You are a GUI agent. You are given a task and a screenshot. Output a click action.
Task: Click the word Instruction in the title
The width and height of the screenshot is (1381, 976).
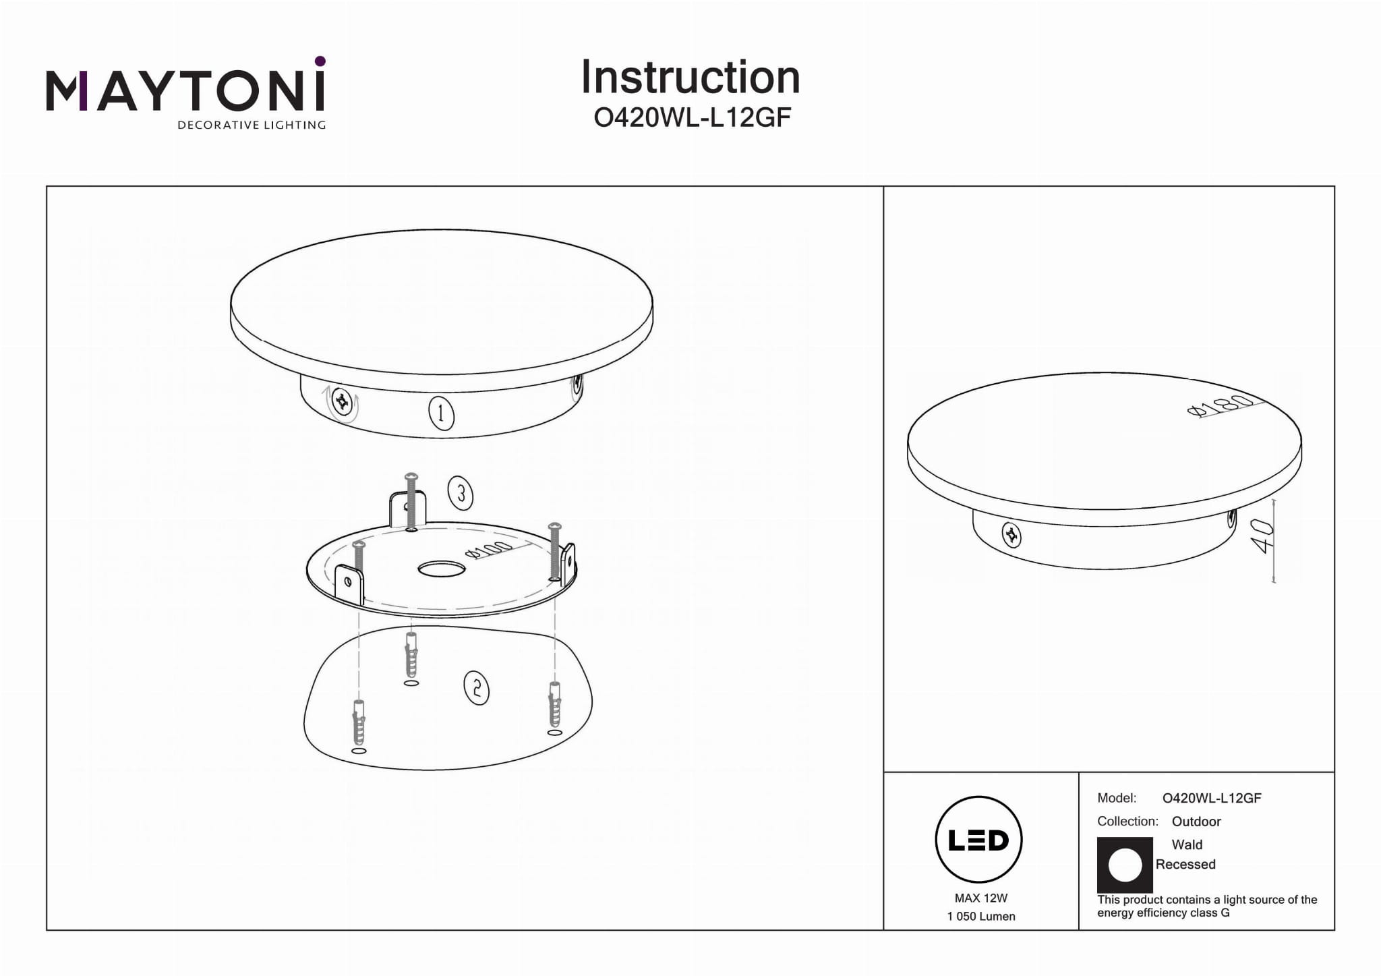click(x=690, y=77)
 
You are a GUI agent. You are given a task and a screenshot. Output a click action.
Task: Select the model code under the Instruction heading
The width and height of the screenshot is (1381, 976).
click(x=692, y=118)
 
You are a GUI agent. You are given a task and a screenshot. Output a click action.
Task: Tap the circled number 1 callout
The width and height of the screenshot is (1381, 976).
click(x=441, y=413)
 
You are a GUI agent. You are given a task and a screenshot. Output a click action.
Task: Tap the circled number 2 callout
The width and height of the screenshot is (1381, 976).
click(x=477, y=689)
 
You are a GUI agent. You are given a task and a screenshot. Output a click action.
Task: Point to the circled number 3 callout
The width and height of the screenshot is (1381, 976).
click(x=461, y=494)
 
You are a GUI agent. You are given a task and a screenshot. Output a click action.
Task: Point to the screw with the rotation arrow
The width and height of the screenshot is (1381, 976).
click(x=343, y=403)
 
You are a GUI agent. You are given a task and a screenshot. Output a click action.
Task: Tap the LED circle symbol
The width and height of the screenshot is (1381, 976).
click(x=979, y=840)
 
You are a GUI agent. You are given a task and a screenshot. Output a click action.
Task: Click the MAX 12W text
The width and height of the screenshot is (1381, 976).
click(x=981, y=898)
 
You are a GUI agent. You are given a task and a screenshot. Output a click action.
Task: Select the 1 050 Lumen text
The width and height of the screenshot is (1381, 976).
click(x=981, y=916)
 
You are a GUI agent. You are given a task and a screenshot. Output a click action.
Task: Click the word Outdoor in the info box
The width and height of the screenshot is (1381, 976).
click(x=1196, y=822)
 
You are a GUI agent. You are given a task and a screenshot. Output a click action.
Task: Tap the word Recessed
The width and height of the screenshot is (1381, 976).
click(x=1185, y=864)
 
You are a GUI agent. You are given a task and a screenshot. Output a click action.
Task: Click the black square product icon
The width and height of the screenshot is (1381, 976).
click(x=1125, y=865)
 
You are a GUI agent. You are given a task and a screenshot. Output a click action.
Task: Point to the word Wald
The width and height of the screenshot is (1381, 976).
click(x=1187, y=844)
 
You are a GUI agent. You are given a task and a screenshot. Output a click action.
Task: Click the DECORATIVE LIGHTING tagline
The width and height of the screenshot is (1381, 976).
click(x=252, y=125)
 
